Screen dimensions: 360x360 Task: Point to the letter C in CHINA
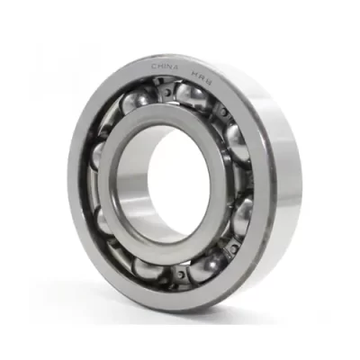point(153,67)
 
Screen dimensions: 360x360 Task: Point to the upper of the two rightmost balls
point(236,139)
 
